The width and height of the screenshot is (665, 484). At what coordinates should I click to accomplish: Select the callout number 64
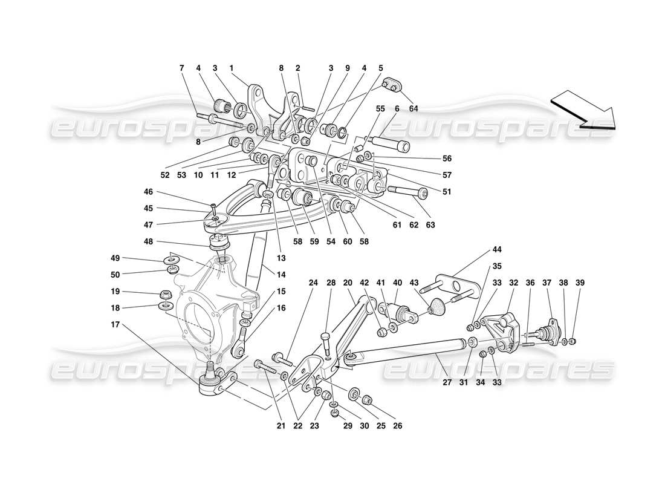[x=413, y=109]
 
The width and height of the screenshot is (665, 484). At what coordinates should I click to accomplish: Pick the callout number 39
[x=580, y=283]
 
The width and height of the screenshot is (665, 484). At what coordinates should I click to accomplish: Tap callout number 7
[x=181, y=68]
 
